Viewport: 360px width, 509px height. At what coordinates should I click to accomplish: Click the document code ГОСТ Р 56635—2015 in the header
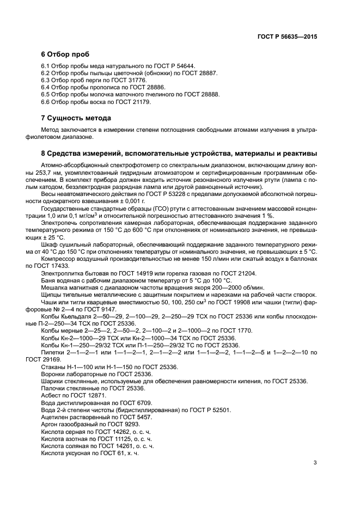tap(288, 36)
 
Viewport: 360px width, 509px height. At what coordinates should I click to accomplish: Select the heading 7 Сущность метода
tap(76, 118)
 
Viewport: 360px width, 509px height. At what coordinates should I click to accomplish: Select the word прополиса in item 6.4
tap(102, 87)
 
